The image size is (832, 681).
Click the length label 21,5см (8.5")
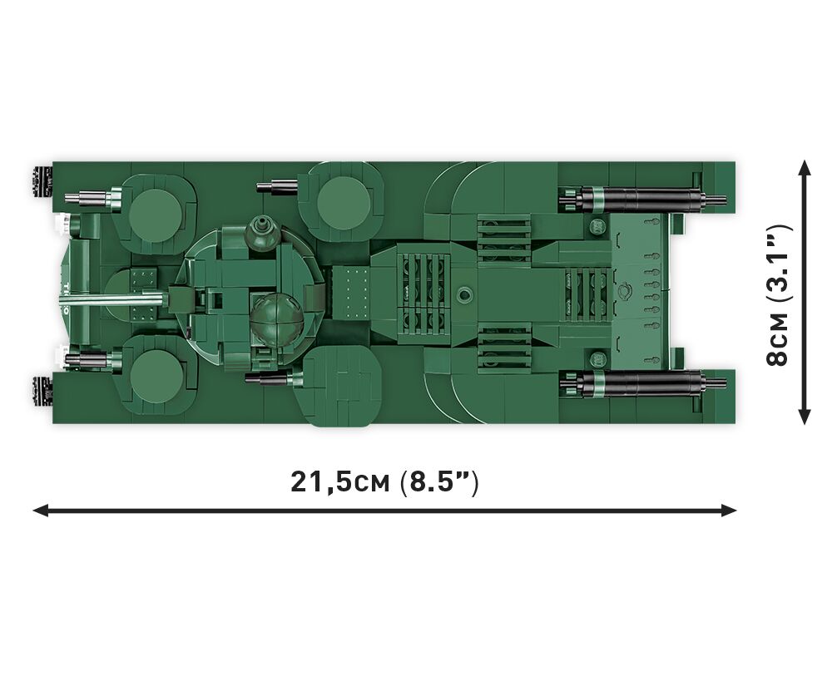click(384, 482)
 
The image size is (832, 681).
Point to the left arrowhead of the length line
click(40, 511)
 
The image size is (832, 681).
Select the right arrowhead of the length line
click(729, 511)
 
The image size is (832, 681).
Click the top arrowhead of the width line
click(805, 168)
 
